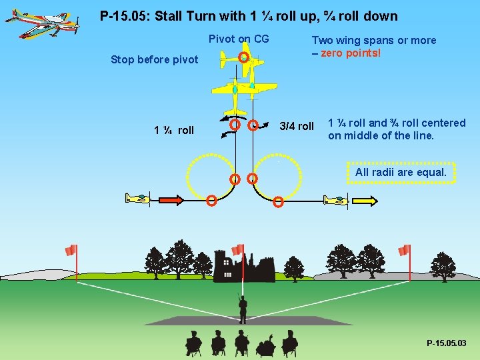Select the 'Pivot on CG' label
coord(239,39)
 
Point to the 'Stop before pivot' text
coord(154,60)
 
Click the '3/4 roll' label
coord(296,127)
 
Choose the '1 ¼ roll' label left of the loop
coord(174,131)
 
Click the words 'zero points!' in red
coord(351,53)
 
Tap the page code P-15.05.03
coord(446,343)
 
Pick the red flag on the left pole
coord(71,250)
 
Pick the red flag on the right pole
coord(403,250)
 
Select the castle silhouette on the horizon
coord(243,267)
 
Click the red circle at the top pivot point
coord(244,58)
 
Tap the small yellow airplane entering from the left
coord(138,199)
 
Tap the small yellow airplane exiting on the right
coord(335,199)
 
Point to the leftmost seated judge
coord(193,343)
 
